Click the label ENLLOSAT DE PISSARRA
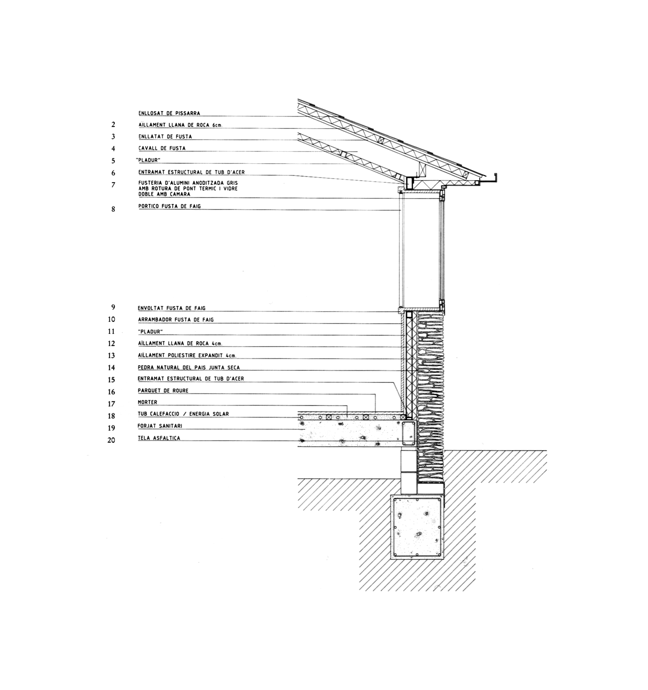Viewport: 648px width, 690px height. (169, 113)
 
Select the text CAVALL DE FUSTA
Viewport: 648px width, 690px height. (162, 148)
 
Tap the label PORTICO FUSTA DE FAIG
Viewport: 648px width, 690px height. (169, 206)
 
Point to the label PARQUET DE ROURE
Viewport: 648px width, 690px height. (163, 391)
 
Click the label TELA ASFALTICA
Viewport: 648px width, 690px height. (159, 438)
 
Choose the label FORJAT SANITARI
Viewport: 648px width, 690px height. (160, 426)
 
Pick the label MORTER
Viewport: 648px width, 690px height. (148, 403)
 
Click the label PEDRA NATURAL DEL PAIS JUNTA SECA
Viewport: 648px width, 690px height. (189, 367)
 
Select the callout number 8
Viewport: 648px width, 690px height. (113, 209)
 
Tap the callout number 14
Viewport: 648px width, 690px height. (111, 368)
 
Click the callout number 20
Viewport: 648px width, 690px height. (111, 441)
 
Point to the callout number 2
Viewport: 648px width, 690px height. (113, 125)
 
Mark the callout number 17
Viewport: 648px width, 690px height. (111, 404)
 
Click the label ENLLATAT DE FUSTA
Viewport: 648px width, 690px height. (165, 137)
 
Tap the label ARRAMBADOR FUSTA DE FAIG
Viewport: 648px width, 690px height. (176, 320)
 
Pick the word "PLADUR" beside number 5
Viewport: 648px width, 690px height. (149, 160)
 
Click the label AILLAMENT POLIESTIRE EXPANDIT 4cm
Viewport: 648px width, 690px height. (187, 356)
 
